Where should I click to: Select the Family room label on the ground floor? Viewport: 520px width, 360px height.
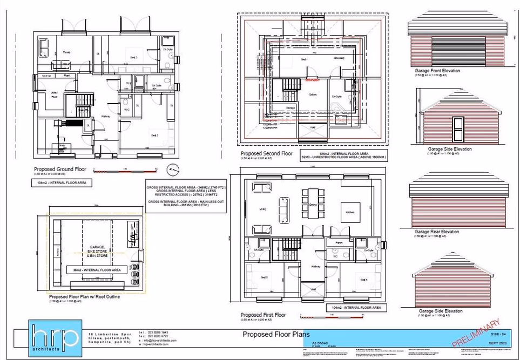67,52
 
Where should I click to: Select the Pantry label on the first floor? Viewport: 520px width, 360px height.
339,243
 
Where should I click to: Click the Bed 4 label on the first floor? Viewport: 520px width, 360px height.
364,280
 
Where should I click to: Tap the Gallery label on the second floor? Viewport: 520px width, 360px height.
312,94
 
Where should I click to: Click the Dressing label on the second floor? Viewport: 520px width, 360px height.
339,58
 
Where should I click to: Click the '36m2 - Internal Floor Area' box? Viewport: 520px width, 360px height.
96,269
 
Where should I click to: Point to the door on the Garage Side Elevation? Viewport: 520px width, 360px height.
458,130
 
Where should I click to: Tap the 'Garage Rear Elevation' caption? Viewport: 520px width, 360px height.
436,232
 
